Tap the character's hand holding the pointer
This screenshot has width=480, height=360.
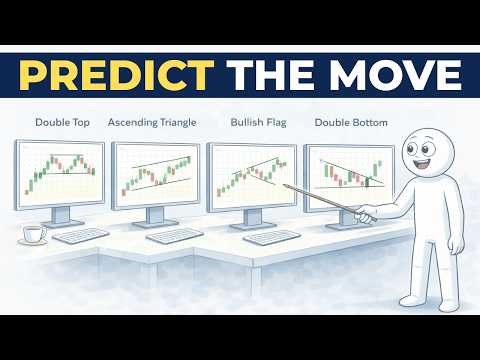[x=366, y=212]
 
